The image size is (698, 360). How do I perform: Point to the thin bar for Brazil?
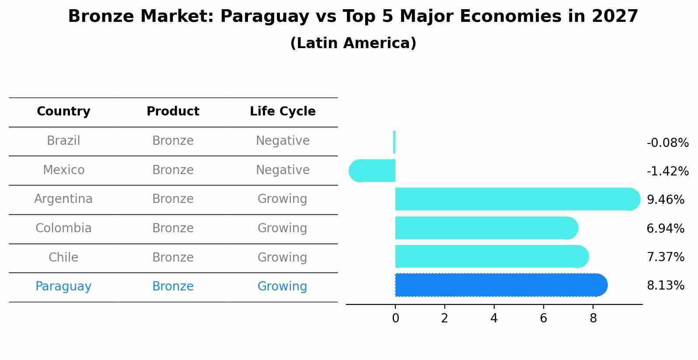tap(394, 142)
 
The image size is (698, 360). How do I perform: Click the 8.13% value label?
tap(665, 286)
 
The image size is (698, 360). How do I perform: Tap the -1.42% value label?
tap(667, 171)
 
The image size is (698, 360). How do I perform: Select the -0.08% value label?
tap(667, 143)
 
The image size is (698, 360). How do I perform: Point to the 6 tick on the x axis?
tap(544, 318)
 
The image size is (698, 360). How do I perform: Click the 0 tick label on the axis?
tap(395, 318)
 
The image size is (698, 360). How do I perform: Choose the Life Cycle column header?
tap(283, 112)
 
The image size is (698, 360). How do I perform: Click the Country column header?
tap(63, 112)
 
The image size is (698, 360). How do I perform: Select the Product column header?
tap(173, 112)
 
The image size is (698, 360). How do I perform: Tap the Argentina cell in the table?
tap(63, 199)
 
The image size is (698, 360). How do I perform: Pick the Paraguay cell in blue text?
tap(63, 287)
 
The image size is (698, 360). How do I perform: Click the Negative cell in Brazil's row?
tap(283, 141)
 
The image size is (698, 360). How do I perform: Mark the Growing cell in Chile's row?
tap(283, 257)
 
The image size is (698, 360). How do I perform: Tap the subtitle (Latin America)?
tap(353, 43)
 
